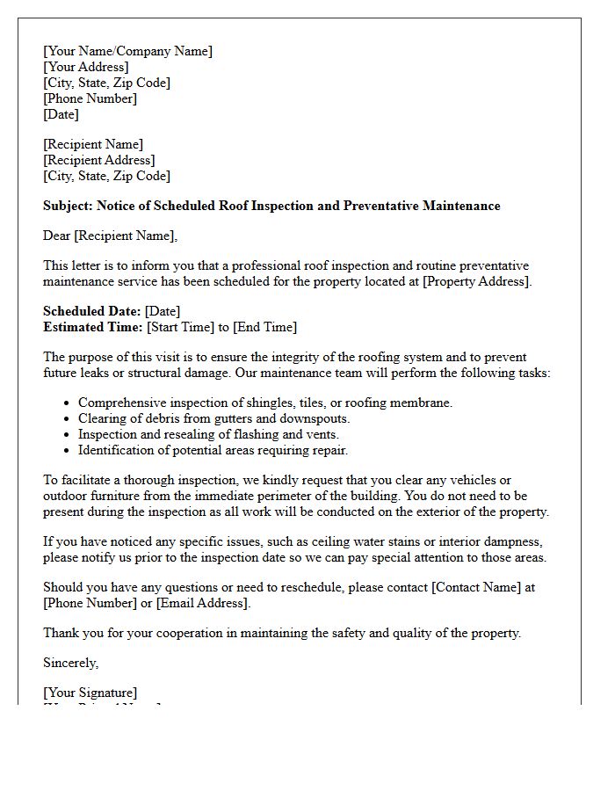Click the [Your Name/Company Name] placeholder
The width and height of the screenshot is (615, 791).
(x=127, y=51)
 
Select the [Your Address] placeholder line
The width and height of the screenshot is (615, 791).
(x=85, y=67)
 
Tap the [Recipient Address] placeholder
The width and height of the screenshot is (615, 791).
(x=99, y=160)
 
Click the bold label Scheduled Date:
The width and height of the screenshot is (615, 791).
(x=91, y=311)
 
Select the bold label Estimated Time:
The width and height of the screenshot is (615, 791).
(x=93, y=327)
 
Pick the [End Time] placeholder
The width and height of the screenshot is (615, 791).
(x=264, y=327)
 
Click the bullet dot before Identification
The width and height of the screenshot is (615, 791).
(x=68, y=450)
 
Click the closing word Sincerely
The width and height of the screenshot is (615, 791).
(x=70, y=663)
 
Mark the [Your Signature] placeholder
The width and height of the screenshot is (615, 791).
(x=90, y=693)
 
